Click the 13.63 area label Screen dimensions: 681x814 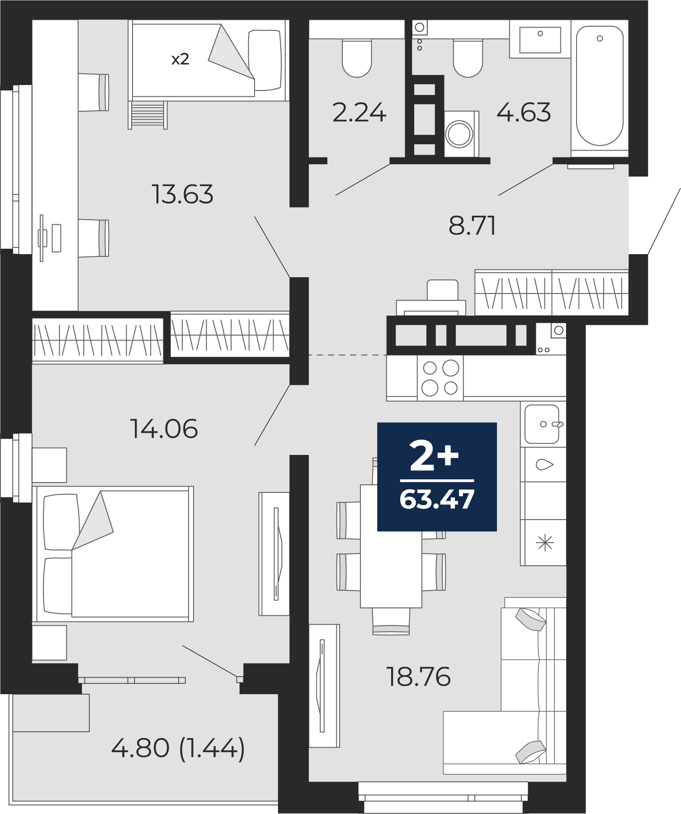[182, 194]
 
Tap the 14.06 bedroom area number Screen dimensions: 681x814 [164, 429]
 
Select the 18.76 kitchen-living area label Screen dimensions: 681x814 [418, 677]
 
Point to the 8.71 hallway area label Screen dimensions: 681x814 [472, 225]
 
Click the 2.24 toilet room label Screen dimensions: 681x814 [359, 113]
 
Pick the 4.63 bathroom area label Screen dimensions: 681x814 [524, 113]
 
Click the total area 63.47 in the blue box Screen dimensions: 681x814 [437, 499]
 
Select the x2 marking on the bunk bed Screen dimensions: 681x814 [180, 59]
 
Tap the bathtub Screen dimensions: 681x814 [600, 86]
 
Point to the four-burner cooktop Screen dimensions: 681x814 [440, 378]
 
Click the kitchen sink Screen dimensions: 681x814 [543, 424]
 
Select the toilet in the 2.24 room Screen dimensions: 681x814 [357, 58]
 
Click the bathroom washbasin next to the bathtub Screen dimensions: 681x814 [540, 39]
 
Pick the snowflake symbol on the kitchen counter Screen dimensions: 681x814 [545, 543]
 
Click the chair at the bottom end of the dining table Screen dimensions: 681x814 [391, 621]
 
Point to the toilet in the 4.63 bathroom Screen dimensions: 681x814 [468, 58]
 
